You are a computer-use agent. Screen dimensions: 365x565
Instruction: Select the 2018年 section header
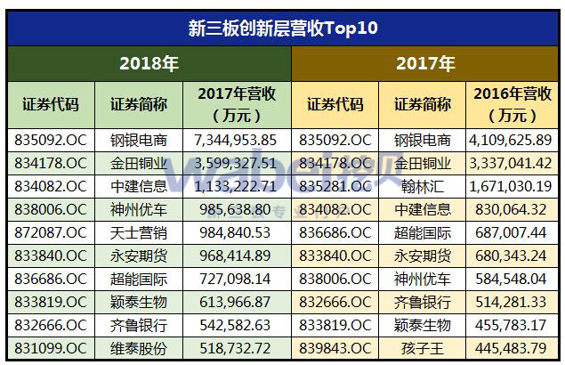pos(149,64)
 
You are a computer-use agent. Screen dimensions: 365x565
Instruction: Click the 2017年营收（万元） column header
pos(236,104)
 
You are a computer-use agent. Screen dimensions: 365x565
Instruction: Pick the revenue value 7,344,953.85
pos(236,141)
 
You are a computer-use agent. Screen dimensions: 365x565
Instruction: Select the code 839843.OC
pos(335,348)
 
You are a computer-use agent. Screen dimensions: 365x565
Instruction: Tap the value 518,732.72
pos(236,348)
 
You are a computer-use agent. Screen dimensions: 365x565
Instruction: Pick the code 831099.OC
pos(51,348)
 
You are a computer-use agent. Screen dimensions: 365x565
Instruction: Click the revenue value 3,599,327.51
pos(236,164)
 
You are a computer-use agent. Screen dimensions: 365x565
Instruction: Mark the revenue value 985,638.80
pos(236,210)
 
